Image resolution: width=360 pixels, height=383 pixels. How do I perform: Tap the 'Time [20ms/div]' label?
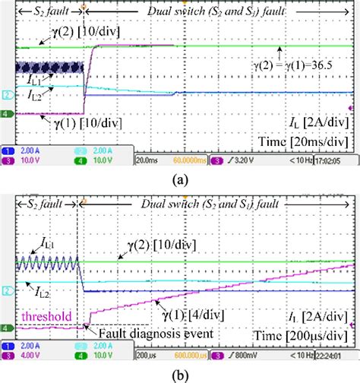point(311,141)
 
